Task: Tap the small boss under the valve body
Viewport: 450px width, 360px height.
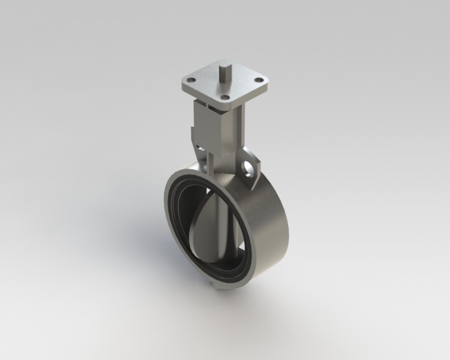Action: click(x=215, y=287)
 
